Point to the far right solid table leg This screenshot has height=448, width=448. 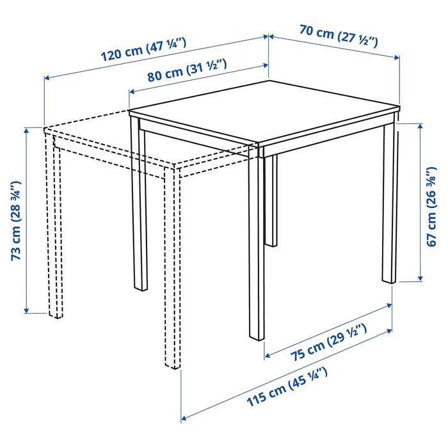pos(390,205)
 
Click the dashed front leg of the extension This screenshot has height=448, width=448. pos(173,269)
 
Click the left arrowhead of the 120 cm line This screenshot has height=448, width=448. pos(46,79)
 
